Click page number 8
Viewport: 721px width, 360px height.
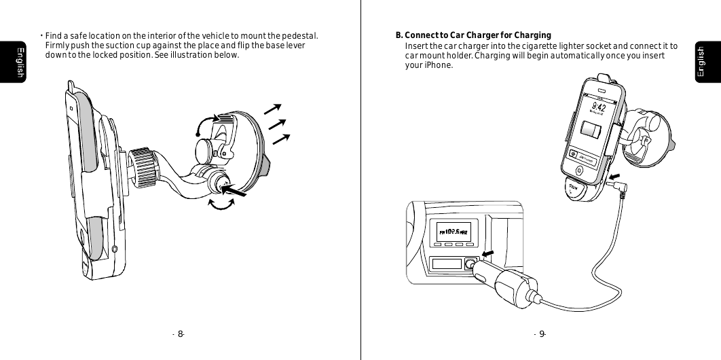click(x=180, y=334)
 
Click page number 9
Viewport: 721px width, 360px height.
click(x=541, y=334)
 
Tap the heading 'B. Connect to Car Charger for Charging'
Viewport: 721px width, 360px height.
click(x=473, y=35)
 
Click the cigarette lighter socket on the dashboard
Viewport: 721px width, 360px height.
click(x=469, y=264)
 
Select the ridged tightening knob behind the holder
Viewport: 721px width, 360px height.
click(x=144, y=168)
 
